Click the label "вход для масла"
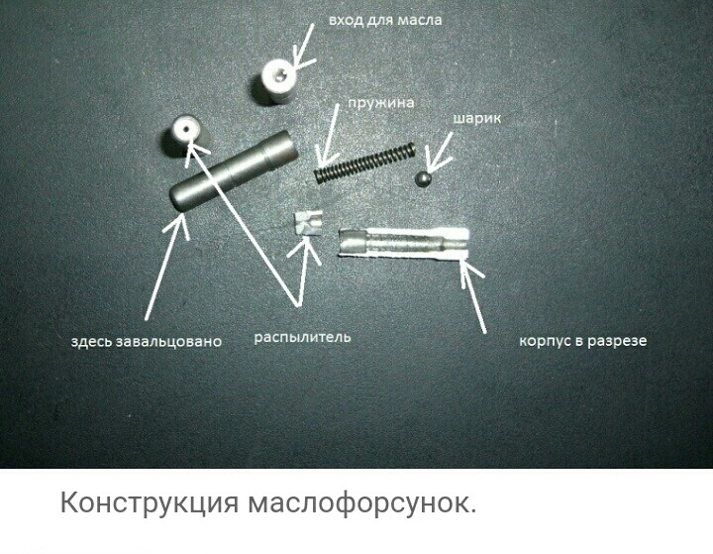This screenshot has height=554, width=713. click(384, 21)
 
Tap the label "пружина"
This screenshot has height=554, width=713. click(381, 103)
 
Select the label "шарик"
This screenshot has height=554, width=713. click(476, 118)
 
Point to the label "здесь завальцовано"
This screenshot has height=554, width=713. click(147, 341)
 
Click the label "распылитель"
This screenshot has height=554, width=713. click(302, 338)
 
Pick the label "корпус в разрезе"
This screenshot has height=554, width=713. click(583, 341)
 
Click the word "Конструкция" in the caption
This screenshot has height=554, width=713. click(150, 503)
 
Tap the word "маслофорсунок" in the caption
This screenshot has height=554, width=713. click(362, 503)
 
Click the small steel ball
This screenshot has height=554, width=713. click(424, 178)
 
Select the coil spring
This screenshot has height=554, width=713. click(365, 163)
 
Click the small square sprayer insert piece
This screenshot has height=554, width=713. click(309, 224)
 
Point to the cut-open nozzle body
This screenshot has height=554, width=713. click(403, 243)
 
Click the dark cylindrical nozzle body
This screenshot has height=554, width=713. click(234, 171)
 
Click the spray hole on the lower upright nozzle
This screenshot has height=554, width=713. click(184, 129)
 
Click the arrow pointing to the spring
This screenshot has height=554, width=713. click(330, 135)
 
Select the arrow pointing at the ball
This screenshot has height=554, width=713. click(439, 152)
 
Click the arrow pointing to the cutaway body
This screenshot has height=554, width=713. click(473, 296)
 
